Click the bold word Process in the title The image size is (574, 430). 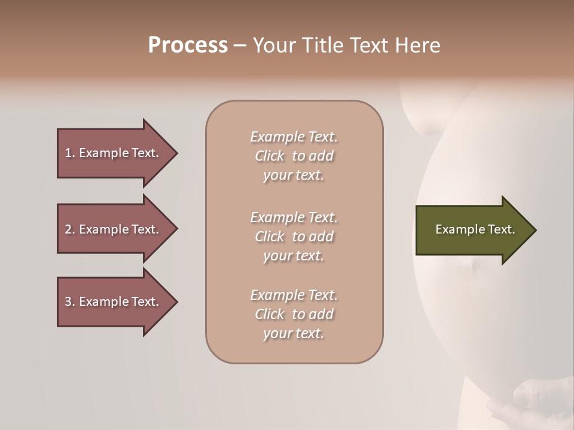point(188,45)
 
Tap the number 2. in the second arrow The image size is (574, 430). point(70,229)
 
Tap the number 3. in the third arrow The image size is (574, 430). point(70,302)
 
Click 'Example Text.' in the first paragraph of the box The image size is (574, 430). point(294,137)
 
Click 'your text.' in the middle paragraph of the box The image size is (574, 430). point(294,256)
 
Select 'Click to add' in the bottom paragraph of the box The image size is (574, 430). point(294,314)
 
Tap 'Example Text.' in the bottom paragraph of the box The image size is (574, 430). point(294,295)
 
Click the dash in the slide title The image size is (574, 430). point(240,45)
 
